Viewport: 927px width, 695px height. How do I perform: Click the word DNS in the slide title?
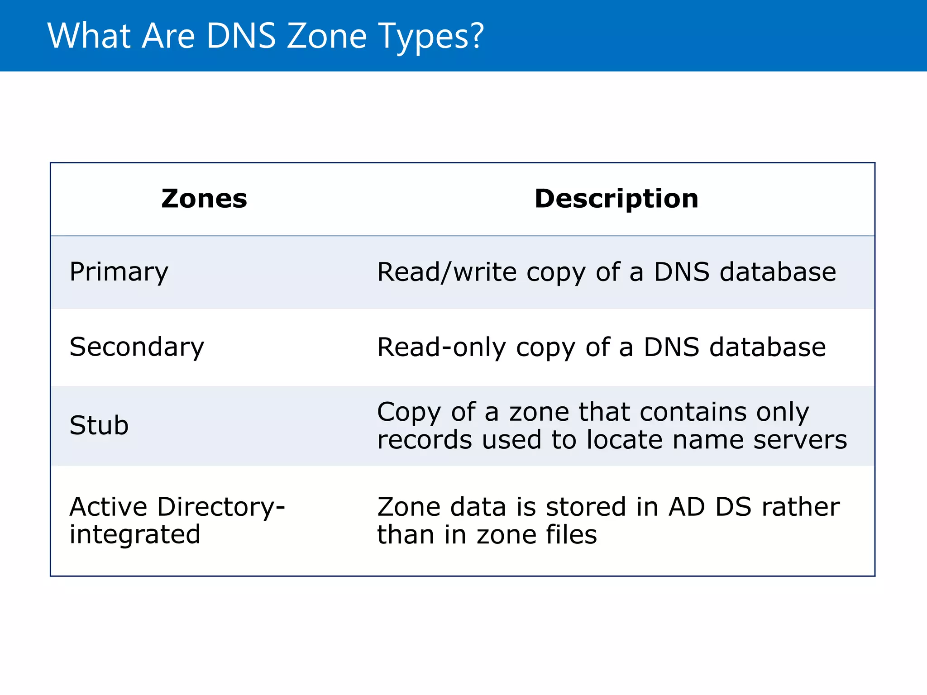click(x=241, y=36)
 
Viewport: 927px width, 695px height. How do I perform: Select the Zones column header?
click(x=204, y=199)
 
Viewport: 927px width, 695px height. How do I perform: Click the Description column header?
click(x=616, y=199)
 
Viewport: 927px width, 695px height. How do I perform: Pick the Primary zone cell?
click(x=119, y=272)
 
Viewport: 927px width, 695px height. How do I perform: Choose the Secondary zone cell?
click(x=137, y=347)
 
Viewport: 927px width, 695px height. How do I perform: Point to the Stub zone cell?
click(x=99, y=425)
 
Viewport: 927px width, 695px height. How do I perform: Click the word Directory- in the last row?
click(x=221, y=507)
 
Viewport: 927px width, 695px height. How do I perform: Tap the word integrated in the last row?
click(x=134, y=534)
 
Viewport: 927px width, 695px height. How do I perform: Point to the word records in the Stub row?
click(x=425, y=440)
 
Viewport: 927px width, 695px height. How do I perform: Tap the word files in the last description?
click(x=571, y=534)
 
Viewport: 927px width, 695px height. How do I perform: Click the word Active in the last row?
click(x=108, y=507)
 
